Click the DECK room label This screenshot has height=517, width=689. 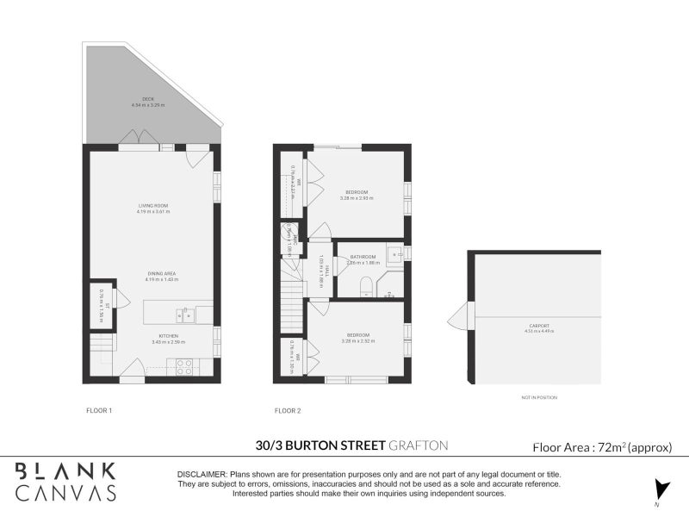(x=147, y=99)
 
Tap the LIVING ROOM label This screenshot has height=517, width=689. (x=152, y=205)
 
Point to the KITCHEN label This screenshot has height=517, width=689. (x=168, y=335)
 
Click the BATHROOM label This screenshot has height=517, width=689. (x=363, y=257)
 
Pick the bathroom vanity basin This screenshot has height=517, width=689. (x=395, y=254)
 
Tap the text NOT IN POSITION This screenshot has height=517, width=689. (x=538, y=398)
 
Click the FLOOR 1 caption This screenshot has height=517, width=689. (x=99, y=410)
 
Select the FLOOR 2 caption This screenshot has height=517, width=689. (x=287, y=410)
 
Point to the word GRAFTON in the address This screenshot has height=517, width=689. (x=419, y=445)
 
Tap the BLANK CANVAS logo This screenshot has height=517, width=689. (x=66, y=481)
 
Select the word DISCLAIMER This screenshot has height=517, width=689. (x=201, y=475)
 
